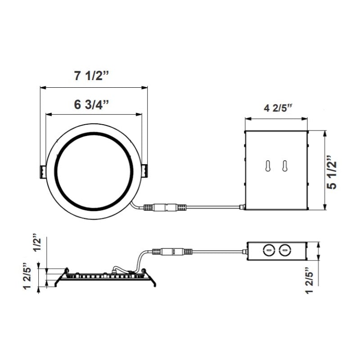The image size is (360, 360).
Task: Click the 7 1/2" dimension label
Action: tap(92, 75)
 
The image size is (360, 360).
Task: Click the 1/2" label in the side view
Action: tap(37, 244)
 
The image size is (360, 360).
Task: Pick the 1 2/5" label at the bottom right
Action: tap(309, 280)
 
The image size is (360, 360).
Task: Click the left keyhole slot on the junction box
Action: tap(268, 166)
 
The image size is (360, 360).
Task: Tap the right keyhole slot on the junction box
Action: tap(284, 166)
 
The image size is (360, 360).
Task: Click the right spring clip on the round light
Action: tap(145, 171)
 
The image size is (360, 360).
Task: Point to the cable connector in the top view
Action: tap(166, 208)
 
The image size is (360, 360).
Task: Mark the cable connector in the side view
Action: tap(173, 252)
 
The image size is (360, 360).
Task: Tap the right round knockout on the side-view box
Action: tap(284, 248)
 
